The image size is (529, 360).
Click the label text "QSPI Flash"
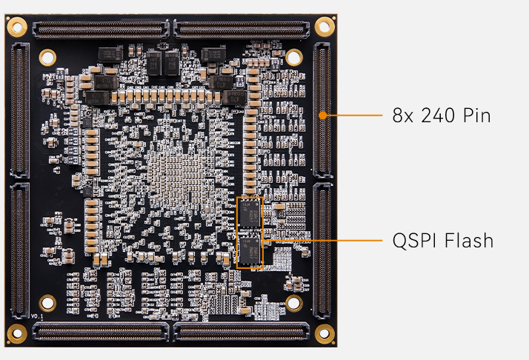click(x=443, y=241)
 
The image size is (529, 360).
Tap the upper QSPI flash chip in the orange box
click(x=250, y=212)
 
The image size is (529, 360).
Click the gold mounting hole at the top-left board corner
click(x=16, y=27)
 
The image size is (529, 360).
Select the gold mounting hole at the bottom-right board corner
click(x=324, y=333)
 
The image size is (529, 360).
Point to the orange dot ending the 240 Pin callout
click(x=324, y=116)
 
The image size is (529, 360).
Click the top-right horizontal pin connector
click(x=242, y=30)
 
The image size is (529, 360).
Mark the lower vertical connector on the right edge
click(x=322, y=252)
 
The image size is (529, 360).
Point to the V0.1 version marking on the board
click(x=38, y=316)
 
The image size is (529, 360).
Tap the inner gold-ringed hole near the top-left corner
click(x=47, y=56)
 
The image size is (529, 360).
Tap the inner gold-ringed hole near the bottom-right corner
click(x=293, y=303)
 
